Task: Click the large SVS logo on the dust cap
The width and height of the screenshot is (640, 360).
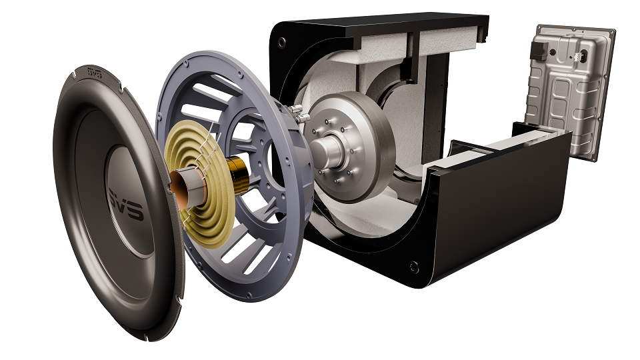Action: pos(126,204)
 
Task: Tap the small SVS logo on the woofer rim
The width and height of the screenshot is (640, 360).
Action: pos(95,72)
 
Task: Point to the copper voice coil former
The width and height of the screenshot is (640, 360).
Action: pos(179,189)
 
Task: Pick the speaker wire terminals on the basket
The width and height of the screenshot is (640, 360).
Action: pos(297,113)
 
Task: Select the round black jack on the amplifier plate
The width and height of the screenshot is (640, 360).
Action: pos(552,52)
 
